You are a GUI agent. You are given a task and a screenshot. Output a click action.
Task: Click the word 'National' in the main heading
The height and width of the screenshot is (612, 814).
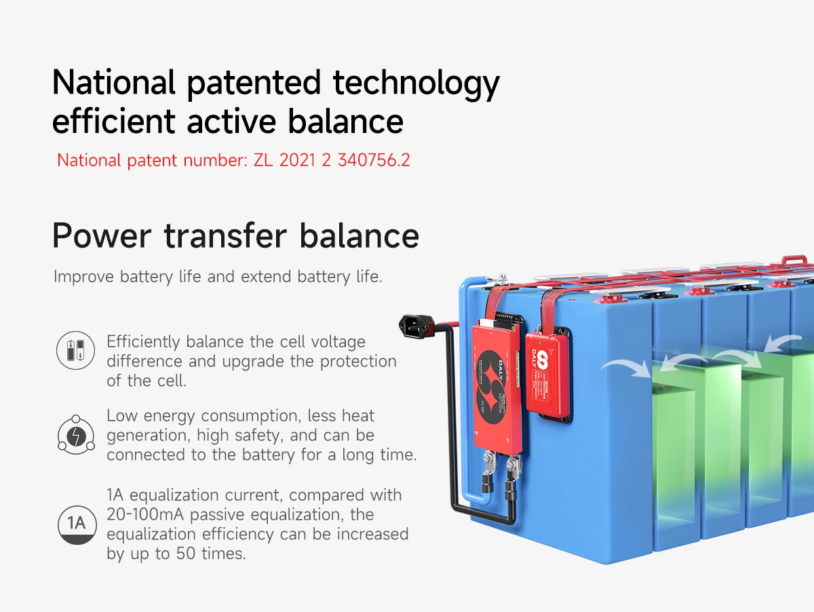click(x=113, y=82)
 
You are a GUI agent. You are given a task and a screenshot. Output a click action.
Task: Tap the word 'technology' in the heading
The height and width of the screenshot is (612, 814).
click(x=416, y=85)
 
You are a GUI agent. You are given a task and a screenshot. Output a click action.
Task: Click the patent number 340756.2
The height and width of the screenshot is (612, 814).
click(x=374, y=160)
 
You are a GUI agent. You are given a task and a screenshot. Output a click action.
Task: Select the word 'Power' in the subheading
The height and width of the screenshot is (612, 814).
click(x=102, y=235)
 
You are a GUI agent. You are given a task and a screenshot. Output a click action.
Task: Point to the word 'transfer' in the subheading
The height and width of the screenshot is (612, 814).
click(x=225, y=235)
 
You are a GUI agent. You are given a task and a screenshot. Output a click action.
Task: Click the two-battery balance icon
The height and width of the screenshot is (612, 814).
click(x=76, y=350)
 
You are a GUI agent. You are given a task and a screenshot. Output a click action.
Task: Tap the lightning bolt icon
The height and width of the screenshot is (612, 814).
click(x=76, y=435)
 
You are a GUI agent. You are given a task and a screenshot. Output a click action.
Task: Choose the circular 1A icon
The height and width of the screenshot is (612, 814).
click(x=77, y=525)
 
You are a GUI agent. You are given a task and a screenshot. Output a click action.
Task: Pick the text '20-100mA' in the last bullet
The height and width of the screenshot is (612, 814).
click(x=145, y=514)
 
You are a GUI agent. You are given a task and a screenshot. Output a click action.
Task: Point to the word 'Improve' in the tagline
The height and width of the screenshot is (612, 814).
click(x=83, y=277)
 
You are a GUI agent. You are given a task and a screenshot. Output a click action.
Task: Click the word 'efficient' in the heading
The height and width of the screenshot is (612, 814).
click(x=113, y=121)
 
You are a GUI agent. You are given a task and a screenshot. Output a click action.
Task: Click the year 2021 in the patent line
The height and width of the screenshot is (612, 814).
click(x=297, y=160)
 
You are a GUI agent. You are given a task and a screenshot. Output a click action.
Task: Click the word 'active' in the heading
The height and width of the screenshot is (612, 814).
click(x=231, y=122)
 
